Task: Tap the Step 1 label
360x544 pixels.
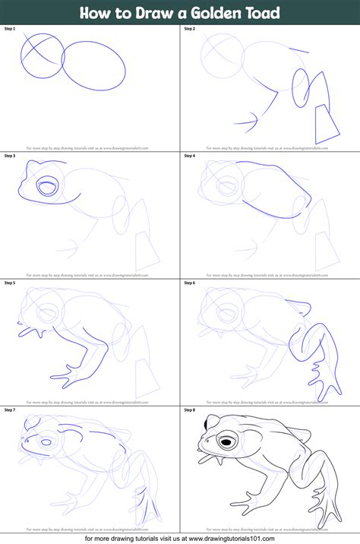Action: coord(11,28)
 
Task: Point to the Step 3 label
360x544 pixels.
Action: coord(11,156)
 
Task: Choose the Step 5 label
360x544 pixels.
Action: coord(11,283)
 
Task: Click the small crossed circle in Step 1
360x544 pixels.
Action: coord(42,51)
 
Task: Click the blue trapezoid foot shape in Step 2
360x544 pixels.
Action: coord(327,122)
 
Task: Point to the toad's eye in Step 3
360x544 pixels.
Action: coord(46,186)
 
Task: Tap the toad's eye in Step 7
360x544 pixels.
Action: coord(46,441)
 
